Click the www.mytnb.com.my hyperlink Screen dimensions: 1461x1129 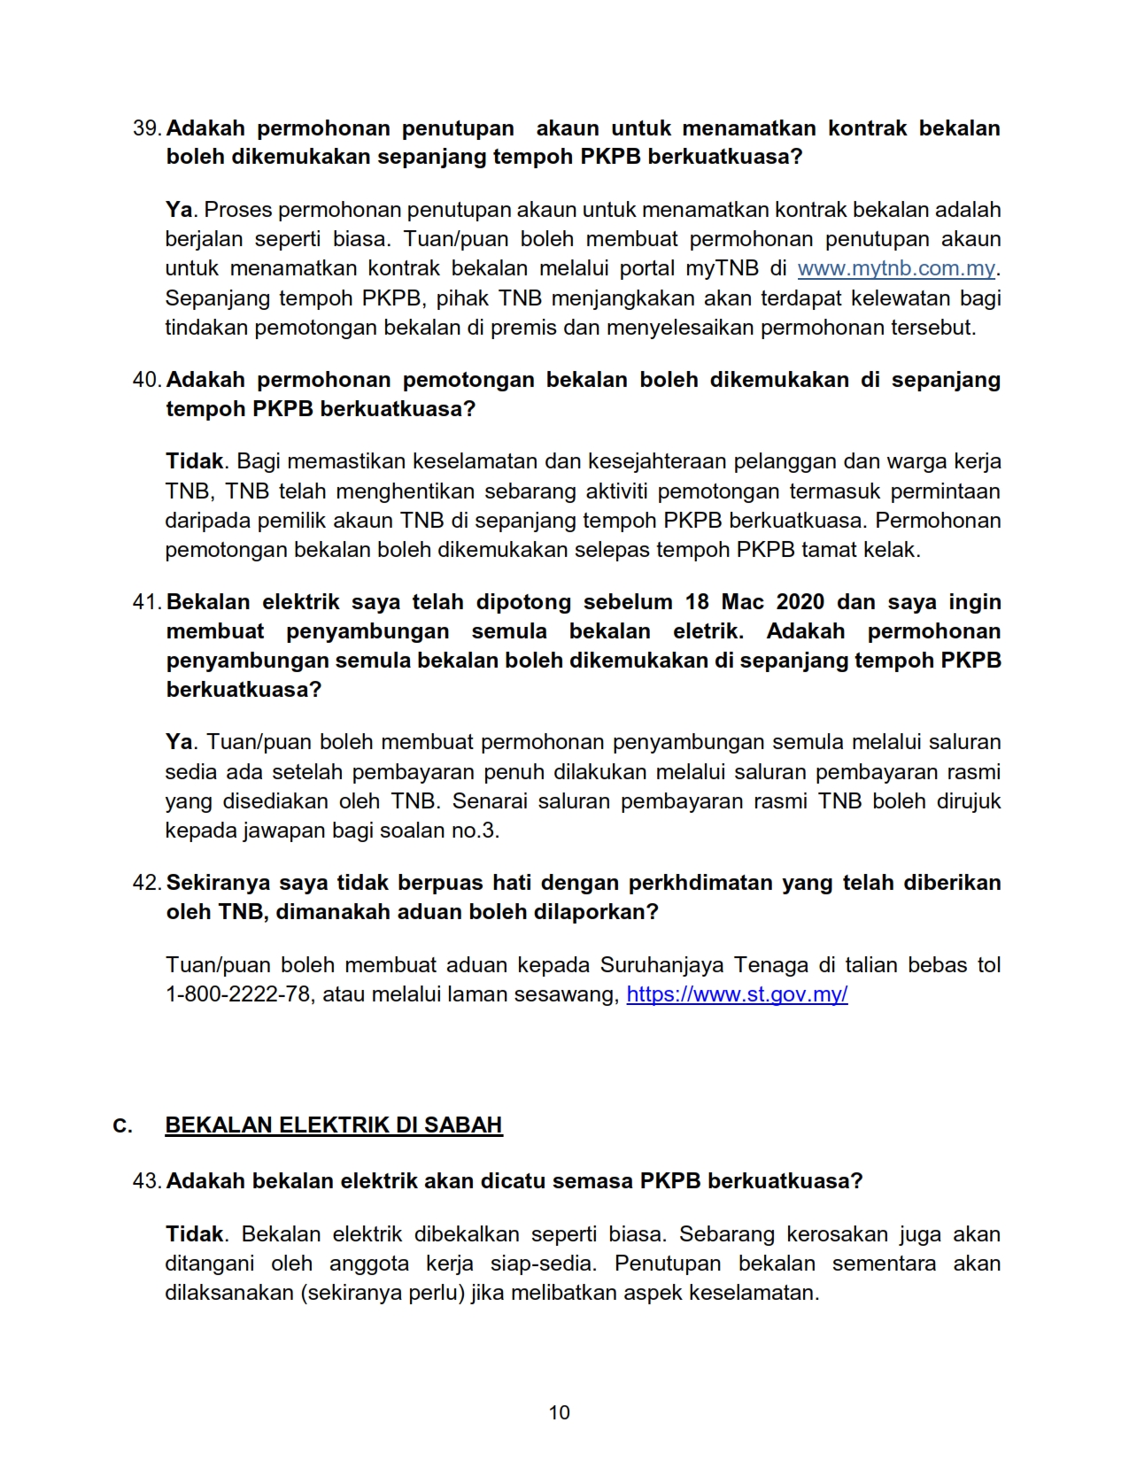coord(896,268)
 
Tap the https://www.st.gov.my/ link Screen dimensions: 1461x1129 coord(737,994)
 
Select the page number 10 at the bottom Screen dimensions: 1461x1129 coord(560,1412)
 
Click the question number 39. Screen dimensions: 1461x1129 coord(146,128)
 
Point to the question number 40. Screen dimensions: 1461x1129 coord(146,380)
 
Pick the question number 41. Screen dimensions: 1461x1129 coord(146,602)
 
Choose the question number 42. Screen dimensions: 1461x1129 coord(146,883)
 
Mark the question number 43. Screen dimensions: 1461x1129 coord(146,1181)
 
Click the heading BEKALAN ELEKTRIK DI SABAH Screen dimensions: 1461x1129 coord(334,1125)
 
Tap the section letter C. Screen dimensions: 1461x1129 coord(122,1126)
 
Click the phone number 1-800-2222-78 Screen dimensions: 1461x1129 coord(238,994)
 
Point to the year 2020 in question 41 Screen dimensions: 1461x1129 coord(800,602)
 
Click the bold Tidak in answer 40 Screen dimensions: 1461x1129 coord(195,461)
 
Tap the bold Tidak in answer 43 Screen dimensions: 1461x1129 coord(195,1234)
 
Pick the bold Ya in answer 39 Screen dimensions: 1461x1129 coord(179,210)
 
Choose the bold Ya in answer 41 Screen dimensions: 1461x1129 coord(179,742)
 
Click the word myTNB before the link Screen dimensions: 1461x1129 coord(716,268)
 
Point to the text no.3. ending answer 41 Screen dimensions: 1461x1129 coord(478,831)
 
